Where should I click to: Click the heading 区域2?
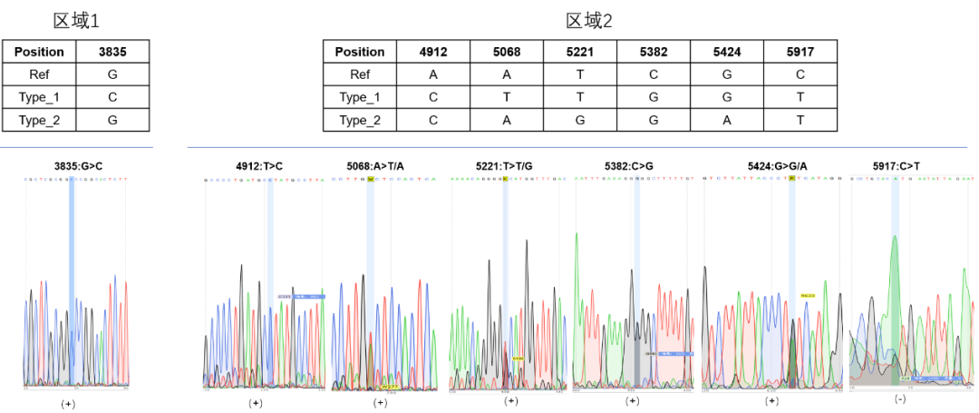pos(589,20)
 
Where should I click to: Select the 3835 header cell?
pos(112,52)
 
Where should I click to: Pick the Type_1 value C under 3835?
pos(112,97)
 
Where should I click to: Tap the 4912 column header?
pos(433,52)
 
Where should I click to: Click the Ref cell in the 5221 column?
pos(580,74)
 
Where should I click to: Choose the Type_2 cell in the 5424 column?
pos(727,120)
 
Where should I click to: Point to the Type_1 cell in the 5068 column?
pos(507,97)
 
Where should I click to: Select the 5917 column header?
pos(800,52)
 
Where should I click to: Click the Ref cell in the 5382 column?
pos(654,74)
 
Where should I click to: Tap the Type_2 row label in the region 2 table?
pos(360,120)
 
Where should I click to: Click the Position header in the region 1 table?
pos(39,52)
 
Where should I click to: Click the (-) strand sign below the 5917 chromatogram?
pos(900,399)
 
